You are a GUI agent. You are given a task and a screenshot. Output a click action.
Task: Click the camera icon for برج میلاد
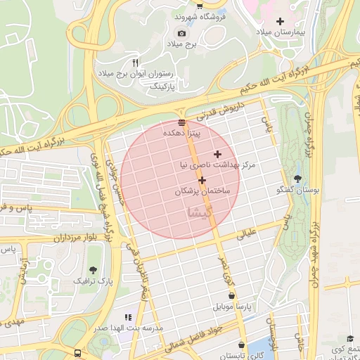pos(182,33)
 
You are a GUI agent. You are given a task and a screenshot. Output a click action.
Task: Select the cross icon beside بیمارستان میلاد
pos(281,22)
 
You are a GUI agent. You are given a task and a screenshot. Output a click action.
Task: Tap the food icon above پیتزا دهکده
pos(182,122)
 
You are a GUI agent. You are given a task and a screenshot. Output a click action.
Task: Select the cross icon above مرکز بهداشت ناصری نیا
pos(217,154)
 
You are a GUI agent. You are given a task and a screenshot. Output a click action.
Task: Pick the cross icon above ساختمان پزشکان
pos(202,181)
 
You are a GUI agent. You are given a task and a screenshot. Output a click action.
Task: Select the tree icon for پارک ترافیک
pos(94,270)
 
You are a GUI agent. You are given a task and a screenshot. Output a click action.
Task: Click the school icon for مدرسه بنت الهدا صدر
pos(127,318)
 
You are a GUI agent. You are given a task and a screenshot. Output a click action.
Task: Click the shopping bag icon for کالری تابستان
pos(243,345)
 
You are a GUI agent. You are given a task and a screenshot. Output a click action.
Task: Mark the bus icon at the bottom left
pos(76,353)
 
